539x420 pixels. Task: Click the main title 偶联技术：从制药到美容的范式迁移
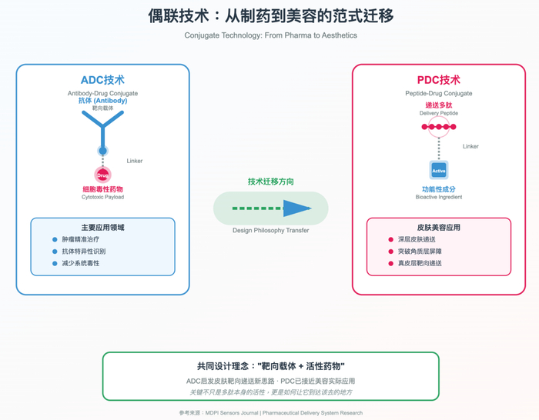[x=271, y=16]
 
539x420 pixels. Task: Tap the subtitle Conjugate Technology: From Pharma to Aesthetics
[x=270, y=35]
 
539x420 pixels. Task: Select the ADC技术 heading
[x=102, y=80]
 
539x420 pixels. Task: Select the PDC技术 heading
[x=439, y=80]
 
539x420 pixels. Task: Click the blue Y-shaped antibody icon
[x=102, y=131]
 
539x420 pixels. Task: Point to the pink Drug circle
[x=102, y=175]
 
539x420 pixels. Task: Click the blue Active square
[x=439, y=170]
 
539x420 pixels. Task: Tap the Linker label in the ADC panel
[x=135, y=161]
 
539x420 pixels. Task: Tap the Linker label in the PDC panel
[x=470, y=146]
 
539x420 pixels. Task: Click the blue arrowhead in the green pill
[x=297, y=208]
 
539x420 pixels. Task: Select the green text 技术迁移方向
[x=271, y=182]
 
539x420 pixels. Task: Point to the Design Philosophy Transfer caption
[x=270, y=230]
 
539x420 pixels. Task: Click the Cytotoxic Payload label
[x=102, y=197]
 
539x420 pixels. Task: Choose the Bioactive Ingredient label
[x=439, y=197]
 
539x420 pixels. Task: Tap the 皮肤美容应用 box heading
[x=439, y=228]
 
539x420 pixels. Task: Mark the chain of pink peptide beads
[x=439, y=127]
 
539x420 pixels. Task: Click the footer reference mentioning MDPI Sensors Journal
[x=270, y=413]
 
